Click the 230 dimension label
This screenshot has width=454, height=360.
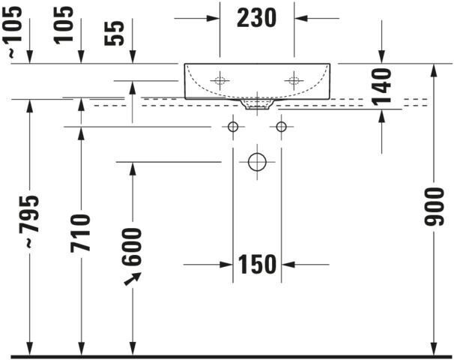[x=256, y=17]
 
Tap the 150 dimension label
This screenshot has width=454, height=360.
[x=257, y=264]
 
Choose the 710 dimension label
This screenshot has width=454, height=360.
[x=81, y=232]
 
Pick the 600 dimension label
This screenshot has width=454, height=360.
[x=132, y=246]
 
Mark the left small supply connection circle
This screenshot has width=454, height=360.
[x=232, y=127]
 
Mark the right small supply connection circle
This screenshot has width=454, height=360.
[x=282, y=127]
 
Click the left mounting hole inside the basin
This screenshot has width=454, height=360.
[x=220, y=79]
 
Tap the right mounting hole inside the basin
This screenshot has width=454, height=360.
[x=294, y=79]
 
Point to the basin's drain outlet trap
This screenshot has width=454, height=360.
[x=257, y=103]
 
